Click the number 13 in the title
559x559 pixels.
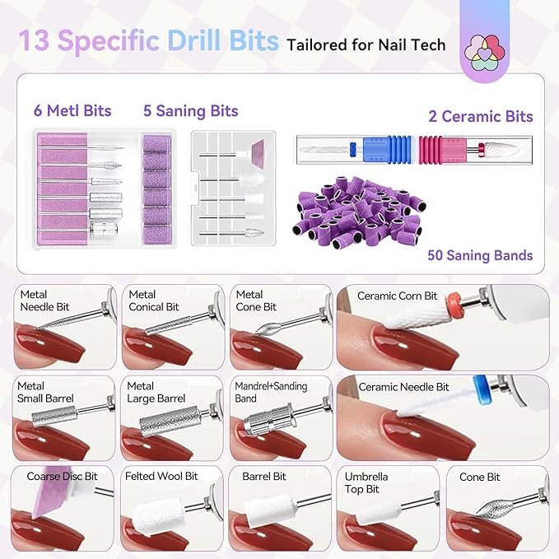point(35,41)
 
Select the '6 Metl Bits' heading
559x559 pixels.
point(72,110)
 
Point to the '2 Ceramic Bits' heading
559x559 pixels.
point(481,116)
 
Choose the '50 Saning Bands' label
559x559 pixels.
point(480,255)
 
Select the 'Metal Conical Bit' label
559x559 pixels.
point(153,300)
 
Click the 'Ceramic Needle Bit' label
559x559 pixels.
point(403,386)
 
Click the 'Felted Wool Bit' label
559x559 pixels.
point(161,476)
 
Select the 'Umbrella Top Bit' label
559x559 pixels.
point(367,482)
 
